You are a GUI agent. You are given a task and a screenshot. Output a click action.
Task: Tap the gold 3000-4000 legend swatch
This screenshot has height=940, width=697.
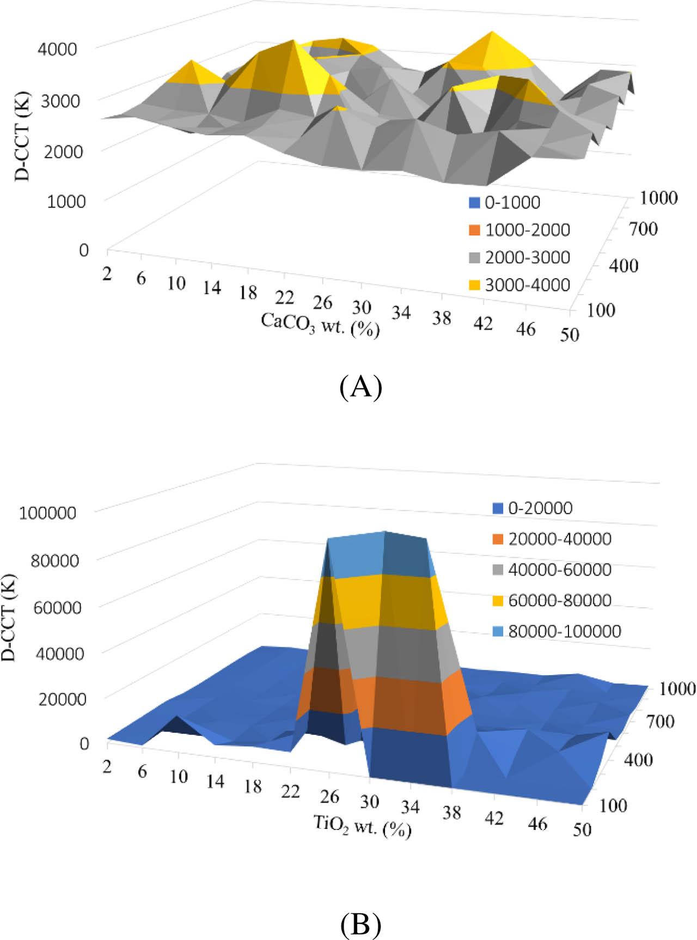[x=474, y=285]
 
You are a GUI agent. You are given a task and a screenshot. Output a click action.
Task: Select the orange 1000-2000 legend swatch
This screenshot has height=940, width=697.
[x=474, y=230]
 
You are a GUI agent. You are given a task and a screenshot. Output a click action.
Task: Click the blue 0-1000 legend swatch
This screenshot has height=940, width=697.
[x=474, y=203]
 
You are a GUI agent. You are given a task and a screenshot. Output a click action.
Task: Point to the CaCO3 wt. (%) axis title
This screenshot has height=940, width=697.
[x=320, y=325]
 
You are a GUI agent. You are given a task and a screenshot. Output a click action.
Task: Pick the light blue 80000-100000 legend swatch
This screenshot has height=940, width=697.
[x=497, y=632]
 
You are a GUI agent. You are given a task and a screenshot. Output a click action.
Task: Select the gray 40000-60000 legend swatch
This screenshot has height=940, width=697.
[x=497, y=570]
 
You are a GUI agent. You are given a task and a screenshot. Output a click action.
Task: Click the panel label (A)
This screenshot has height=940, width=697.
[x=360, y=387]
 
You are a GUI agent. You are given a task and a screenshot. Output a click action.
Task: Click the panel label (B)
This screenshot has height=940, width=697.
[x=360, y=924]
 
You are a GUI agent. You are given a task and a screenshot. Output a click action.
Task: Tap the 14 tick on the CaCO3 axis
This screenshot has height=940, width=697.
[x=212, y=288]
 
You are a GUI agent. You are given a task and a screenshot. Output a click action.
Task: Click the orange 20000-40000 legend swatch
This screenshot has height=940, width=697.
[x=497, y=539]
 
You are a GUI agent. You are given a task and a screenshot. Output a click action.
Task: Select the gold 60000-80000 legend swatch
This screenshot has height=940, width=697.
[x=497, y=601]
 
